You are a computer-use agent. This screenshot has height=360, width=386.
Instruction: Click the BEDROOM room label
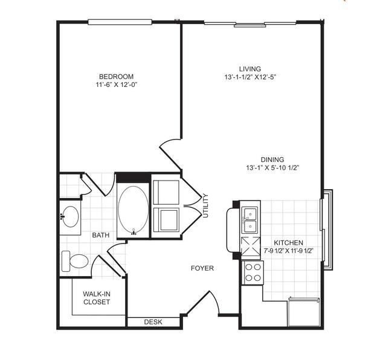point(116,76)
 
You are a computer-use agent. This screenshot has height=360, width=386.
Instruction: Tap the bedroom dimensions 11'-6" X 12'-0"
point(116,85)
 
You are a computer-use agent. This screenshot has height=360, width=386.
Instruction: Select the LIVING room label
point(250,69)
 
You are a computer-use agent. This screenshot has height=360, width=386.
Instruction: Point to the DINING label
point(272,159)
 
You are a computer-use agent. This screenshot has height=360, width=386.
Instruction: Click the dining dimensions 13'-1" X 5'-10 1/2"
point(272,168)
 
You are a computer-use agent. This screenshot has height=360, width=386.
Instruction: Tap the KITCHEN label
point(288,243)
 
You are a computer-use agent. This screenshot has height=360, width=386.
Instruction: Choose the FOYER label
point(202,268)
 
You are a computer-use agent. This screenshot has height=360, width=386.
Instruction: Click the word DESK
point(153,322)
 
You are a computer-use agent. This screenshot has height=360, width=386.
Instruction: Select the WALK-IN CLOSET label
point(97,298)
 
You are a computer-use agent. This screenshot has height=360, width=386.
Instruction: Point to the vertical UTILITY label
point(205,206)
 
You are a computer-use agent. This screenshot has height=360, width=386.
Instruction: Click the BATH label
point(101,235)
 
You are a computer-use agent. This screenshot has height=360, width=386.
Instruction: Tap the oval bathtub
point(133,210)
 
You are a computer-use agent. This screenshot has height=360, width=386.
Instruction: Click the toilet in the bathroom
point(75,261)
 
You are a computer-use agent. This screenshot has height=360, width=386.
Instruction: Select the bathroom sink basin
point(71,217)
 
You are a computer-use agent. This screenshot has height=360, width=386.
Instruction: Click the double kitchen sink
point(250,220)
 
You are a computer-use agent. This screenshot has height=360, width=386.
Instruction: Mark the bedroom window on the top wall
point(120,22)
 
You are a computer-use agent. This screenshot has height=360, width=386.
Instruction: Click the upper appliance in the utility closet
point(166,192)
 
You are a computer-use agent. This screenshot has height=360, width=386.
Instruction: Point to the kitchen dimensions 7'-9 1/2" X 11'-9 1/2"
point(288,251)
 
